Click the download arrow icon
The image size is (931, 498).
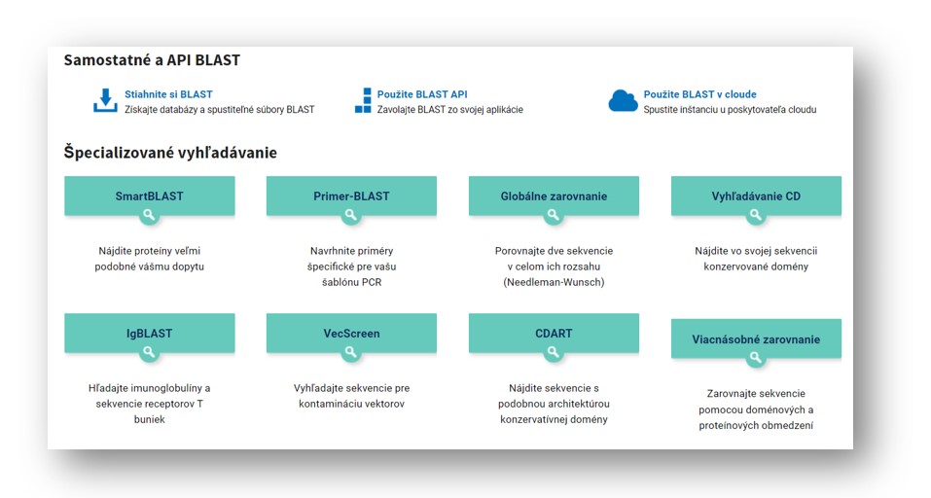tap(105, 100)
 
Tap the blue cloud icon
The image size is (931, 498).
tap(623, 101)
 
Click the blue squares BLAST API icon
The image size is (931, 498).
tap(363, 100)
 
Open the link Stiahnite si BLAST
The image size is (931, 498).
tap(168, 93)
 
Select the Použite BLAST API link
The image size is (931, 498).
tap(422, 93)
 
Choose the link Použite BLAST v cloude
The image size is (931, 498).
tap(700, 93)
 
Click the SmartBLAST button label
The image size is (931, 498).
tap(149, 196)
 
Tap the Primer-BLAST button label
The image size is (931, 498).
tap(351, 196)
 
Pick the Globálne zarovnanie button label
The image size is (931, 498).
tap(554, 196)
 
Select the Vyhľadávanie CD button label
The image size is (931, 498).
tap(756, 196)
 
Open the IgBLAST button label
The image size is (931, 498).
tap(149, 333)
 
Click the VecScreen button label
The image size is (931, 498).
tap(351, 333)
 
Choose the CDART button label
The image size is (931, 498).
tap(554, 333)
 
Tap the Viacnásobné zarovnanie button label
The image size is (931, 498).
tap(756, 338)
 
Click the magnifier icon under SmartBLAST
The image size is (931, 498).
tap(149, 216)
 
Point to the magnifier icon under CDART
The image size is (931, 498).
tap(554, 352)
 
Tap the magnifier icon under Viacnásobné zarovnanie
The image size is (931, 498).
tap(755, 358)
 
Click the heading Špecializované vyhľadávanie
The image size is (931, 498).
tap(170, 153)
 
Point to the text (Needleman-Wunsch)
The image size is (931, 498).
tap(554, 282)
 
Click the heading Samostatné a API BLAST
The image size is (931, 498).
tap(152, 60)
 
